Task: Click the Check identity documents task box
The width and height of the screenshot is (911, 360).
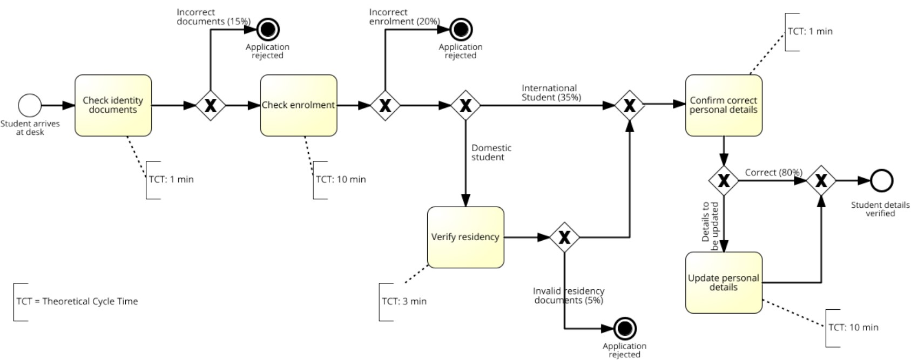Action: (113, 105)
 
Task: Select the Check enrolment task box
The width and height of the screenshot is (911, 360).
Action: (299, 105)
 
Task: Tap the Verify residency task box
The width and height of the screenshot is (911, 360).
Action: (465, 237)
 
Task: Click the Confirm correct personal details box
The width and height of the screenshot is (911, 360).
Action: (724, 105)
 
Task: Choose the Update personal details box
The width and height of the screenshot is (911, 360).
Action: (724, 282)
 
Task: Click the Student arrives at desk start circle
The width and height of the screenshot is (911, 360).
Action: (30, 105)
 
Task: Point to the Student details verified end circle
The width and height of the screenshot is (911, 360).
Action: (881, 180)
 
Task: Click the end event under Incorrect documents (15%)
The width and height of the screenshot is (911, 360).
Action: (268, 29)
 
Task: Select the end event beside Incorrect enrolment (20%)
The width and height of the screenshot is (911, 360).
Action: (461, 29)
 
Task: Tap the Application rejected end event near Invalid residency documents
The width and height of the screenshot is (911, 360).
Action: (625, 328)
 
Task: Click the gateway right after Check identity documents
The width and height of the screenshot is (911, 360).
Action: (210, 105)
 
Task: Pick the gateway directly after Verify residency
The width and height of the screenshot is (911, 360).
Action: (564, 237)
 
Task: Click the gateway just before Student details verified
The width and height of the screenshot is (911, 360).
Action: (821, 180)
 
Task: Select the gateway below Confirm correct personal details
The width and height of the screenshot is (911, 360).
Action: (724, 180)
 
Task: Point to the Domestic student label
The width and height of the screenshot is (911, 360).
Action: (491, 152)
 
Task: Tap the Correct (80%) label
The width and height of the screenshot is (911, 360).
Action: (773, 172)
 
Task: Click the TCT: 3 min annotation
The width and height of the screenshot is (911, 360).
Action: (404, 301)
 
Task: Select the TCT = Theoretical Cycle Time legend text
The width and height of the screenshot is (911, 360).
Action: (77, 301)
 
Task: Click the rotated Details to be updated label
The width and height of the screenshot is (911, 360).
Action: (710, 226)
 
